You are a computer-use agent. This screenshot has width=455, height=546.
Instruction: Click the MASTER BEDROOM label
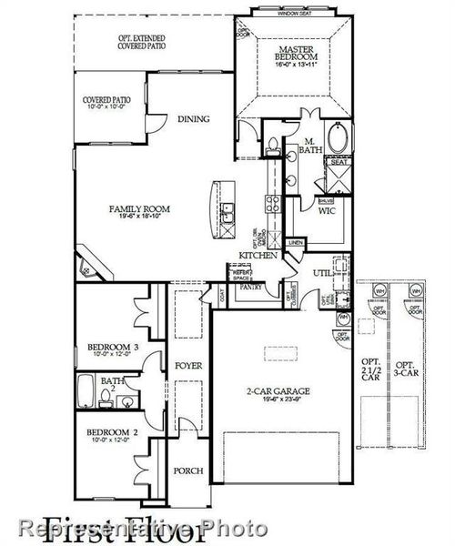click(297, 52)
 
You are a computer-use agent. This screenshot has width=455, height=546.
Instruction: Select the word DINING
click(194, 119)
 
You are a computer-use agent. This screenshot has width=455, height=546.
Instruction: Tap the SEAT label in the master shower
click(339, 163)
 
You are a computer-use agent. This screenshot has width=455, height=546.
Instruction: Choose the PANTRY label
click(251, 287)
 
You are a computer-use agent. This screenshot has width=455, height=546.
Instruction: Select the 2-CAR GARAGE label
click(278, 393)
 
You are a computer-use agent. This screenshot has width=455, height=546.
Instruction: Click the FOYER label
click(189, 366)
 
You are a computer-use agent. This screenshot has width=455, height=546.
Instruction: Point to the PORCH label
click(189, 471)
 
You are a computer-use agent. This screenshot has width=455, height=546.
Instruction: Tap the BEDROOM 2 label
click(112, 434)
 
